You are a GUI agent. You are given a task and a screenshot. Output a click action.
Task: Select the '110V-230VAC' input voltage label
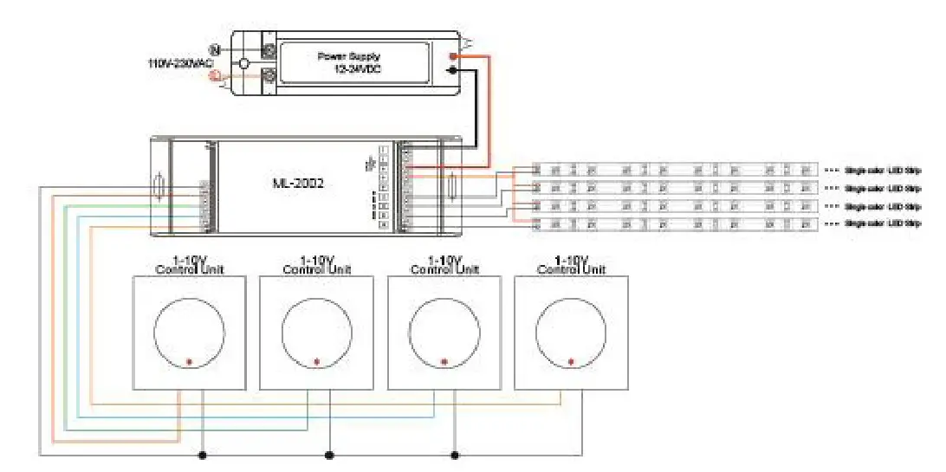click(x=179, y=63)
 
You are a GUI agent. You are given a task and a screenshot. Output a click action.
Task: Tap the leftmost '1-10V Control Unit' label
click(x=189, y=265)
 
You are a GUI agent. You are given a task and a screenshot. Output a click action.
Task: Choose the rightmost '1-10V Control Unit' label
click(x=571, y=265)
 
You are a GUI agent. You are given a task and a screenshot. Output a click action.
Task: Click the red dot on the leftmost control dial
click(x=189, y=361)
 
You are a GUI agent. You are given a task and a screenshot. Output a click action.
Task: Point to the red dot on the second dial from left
click(x=316, y=361)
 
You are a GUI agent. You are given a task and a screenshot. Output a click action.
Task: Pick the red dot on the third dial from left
click(x=444, y=361)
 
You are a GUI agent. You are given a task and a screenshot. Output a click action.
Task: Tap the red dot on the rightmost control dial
click(x=571, y=361)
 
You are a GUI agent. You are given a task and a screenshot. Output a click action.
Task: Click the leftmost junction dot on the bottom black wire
click(x=203, y=454)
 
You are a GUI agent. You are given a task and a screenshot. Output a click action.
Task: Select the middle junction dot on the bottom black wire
click(x=329, y=454)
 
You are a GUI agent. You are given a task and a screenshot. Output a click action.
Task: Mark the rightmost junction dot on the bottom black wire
click(x=455, y=454)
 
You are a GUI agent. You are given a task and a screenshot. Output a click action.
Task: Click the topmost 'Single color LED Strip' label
click(x=882, y=169)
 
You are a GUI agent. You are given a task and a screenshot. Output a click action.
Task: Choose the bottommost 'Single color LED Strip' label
click(x=882, y=223)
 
